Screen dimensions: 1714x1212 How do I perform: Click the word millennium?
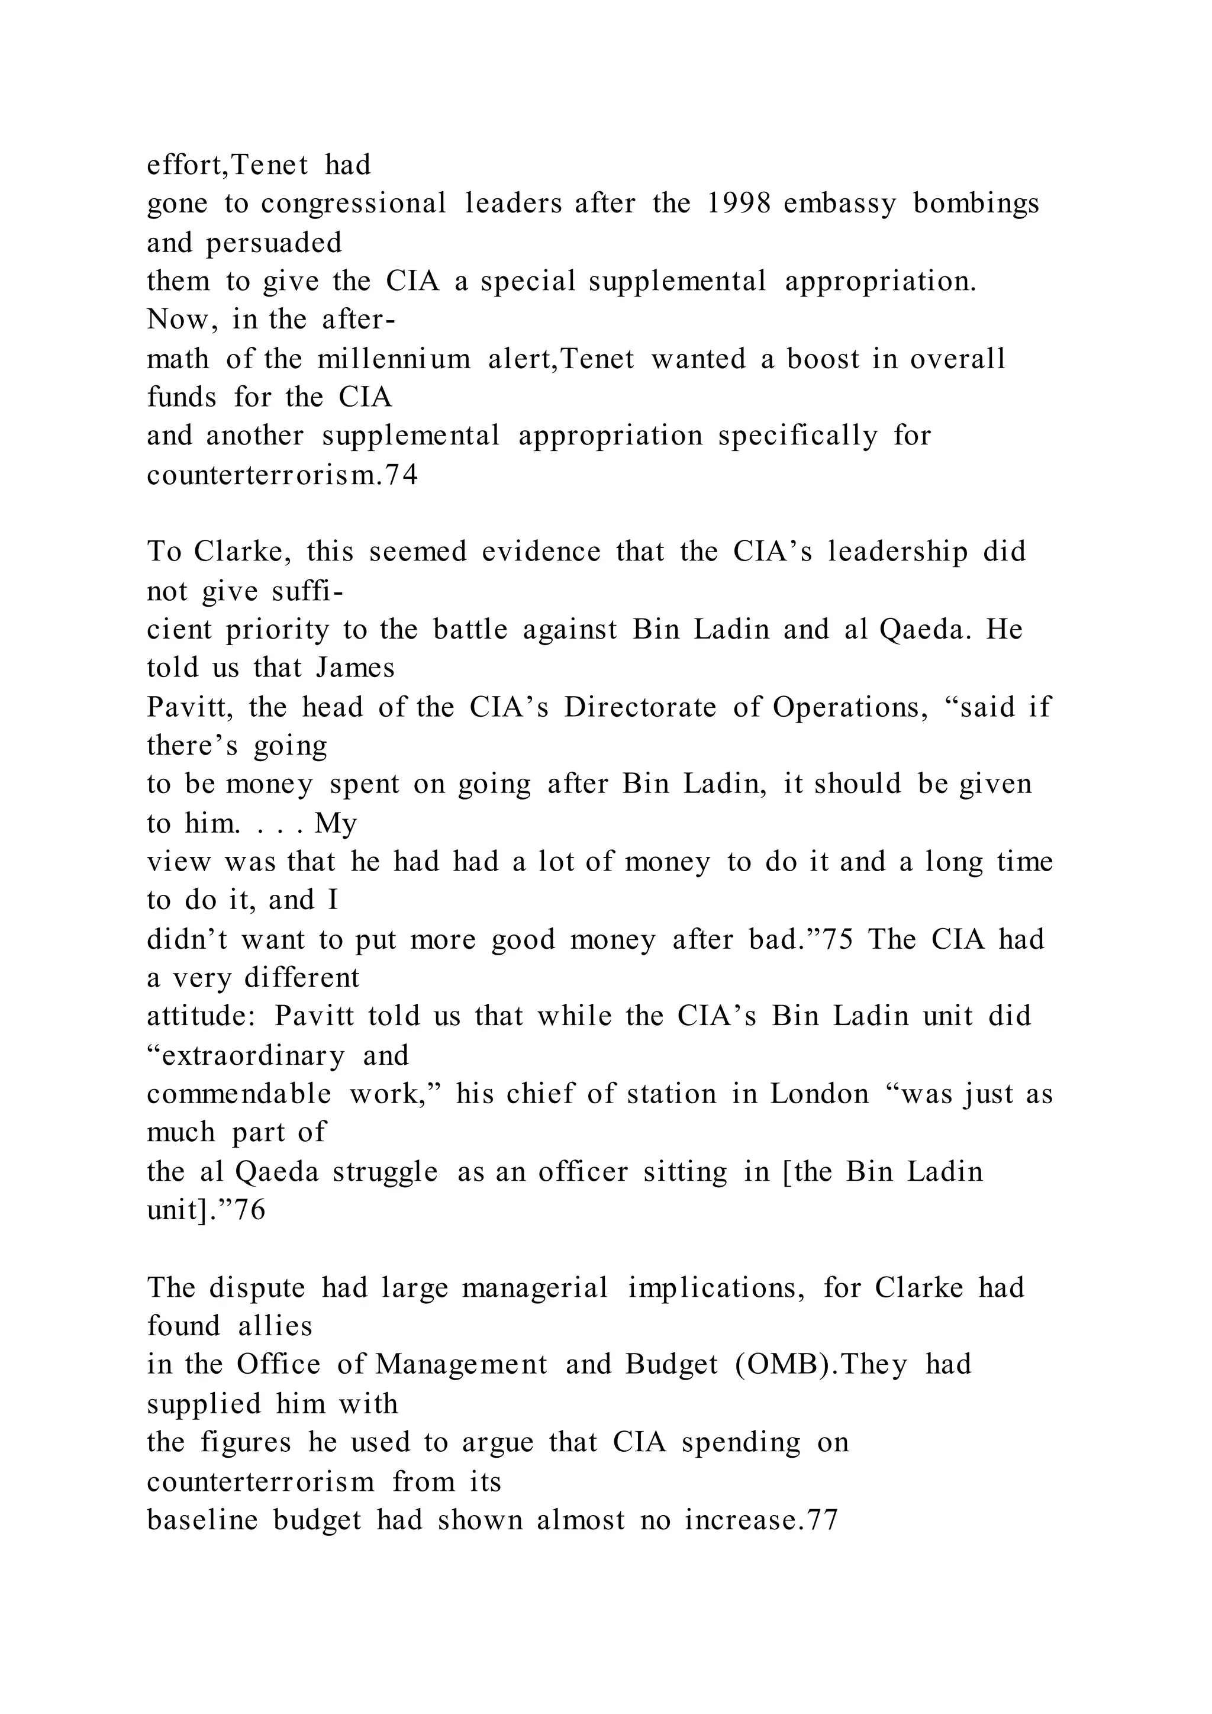394,359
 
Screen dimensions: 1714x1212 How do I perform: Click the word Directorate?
640,707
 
